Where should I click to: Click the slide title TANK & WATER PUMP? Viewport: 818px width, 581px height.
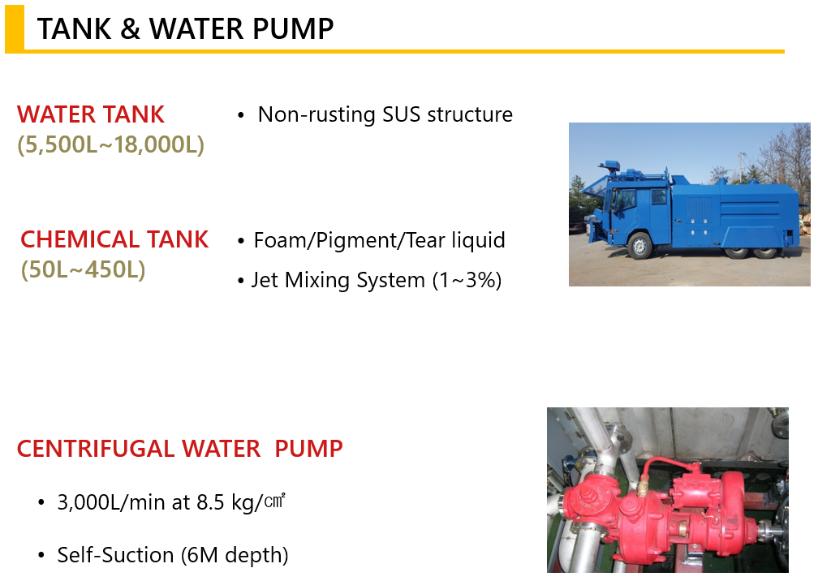185,28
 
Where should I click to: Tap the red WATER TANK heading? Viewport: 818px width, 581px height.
91,114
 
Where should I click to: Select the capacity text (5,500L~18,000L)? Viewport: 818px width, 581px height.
110,144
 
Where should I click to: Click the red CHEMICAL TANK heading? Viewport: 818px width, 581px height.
114,239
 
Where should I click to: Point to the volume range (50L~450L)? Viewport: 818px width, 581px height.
83,269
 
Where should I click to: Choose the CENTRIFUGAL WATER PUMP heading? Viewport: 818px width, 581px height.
180,449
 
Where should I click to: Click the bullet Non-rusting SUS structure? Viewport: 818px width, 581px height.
385,114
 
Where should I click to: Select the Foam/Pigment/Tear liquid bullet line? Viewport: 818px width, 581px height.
379,240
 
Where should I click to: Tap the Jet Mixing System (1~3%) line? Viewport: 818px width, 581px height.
377,280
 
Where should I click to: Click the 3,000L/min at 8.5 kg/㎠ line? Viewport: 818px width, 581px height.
171,501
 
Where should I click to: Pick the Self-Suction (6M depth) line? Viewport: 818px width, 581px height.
173,555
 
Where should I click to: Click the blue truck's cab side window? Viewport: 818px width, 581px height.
625,199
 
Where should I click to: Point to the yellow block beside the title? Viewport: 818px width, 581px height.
15,28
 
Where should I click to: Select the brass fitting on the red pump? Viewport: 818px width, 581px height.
642,488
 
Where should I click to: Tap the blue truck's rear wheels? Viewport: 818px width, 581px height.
751,252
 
